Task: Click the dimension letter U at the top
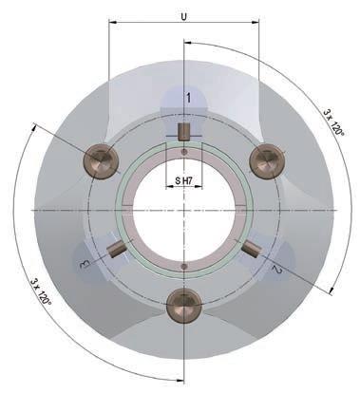(183, 17)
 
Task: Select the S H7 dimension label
(184, 181)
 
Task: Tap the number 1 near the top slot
(188, 98)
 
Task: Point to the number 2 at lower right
(276, 270)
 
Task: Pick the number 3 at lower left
(85, 264)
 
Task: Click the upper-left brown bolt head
(101, 162)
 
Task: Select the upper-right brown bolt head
(267, 161)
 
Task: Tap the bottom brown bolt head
(184, 305)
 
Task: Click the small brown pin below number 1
(183, 132)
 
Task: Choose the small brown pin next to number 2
(252, 248)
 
